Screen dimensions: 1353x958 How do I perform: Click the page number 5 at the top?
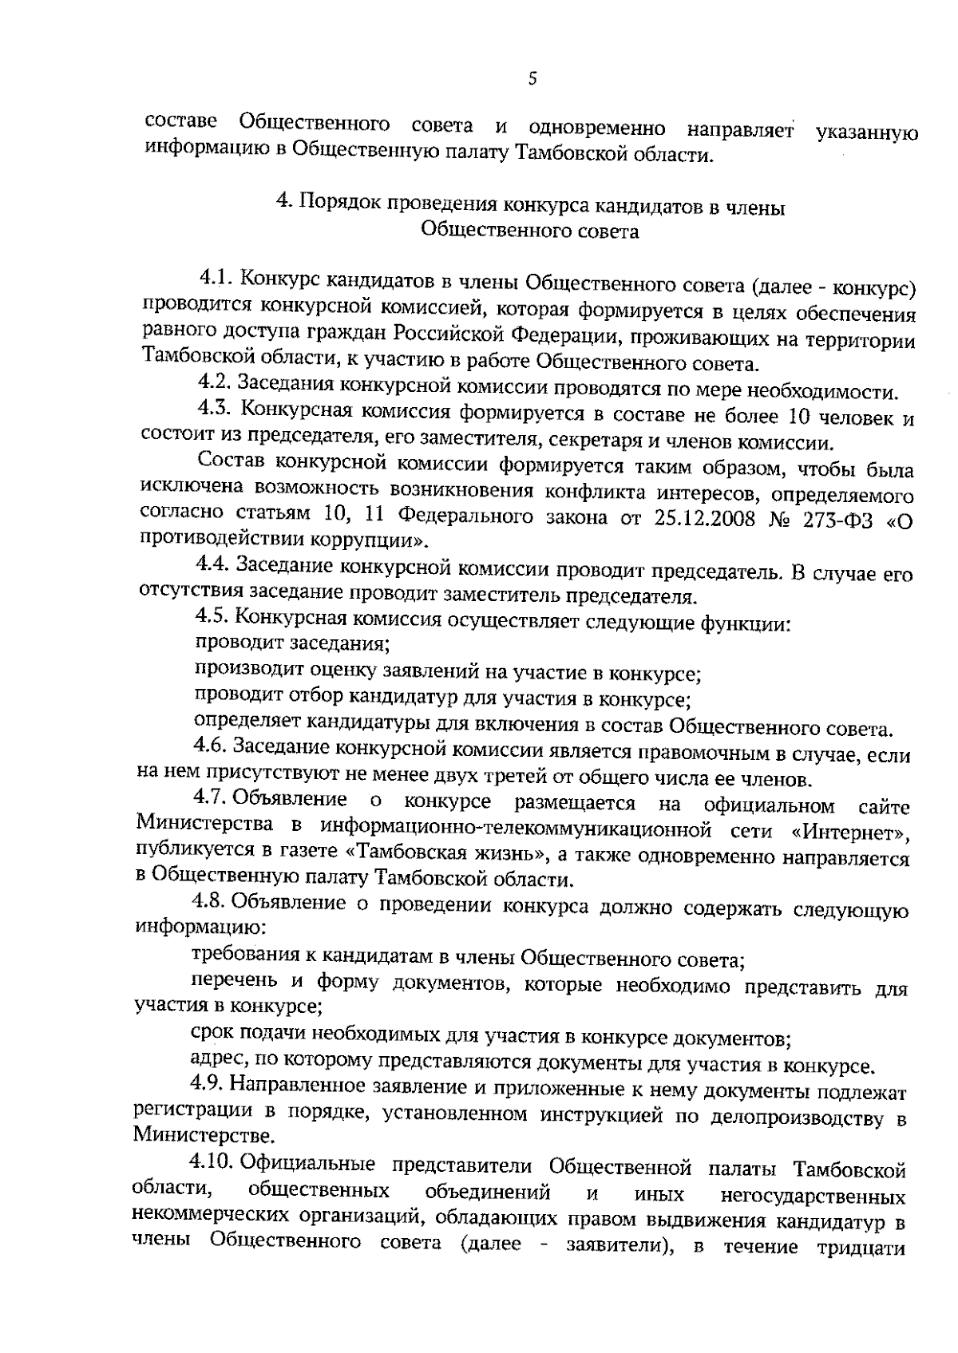(532, 78)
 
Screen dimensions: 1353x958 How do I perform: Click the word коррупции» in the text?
(381, 541)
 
